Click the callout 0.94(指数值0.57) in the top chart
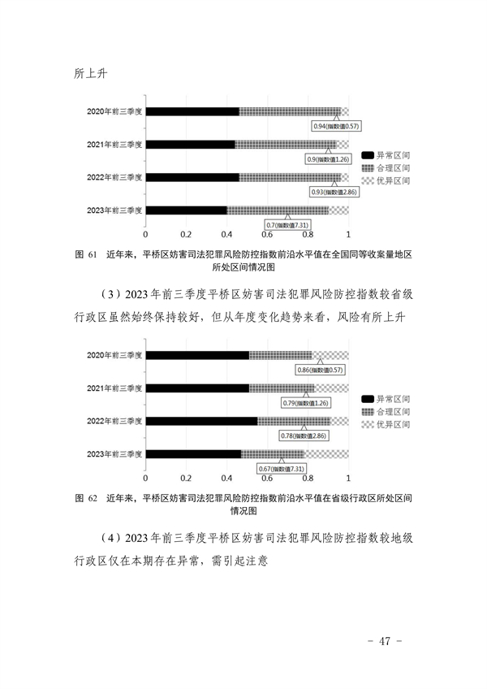click(336, 126)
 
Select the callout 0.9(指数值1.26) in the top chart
click(328, 159)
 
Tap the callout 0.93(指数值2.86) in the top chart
click(334, 192)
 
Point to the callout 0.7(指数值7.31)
click(287, 225)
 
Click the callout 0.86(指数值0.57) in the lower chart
click(320, 370)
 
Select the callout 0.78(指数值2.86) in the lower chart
click(304, 435)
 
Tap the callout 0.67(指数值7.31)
click(281, 469)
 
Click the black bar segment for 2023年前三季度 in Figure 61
click(187, 210)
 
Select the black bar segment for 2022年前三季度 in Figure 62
click(201, 422)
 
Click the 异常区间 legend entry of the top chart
click(386, 155)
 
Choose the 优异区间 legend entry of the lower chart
click(386, 424)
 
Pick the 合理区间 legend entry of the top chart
click(386, 168)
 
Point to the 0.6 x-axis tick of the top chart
click(267, 235)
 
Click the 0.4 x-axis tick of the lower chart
click(226, 478)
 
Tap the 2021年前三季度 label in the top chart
click(114, 145)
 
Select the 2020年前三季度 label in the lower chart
click(114, 355)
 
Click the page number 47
click(385, 641)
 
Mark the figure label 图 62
click(86, 498)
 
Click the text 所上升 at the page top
click(90, 73)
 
